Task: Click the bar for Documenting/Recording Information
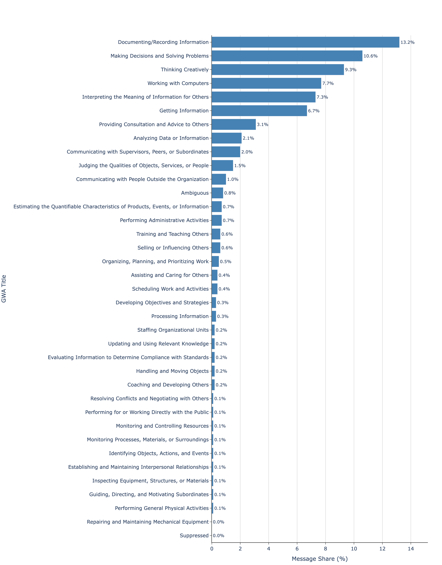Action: [x=305, y=42]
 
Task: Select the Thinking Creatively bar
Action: [x=278, y=70]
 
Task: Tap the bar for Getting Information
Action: [x=259, y=111]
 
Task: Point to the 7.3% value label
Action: [x=322, y=97]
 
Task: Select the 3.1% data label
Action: [x=262, y=124]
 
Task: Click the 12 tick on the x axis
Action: [x=382, y=549]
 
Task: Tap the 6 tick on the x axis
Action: [x=297, y=549]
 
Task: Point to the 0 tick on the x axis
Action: [x=212, y=549]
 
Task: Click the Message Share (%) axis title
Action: [x=320, y=559]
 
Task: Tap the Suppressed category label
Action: [x=194, y=536]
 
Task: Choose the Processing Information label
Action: [x=180, y=316]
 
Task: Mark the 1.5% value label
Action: [x=240, y=166]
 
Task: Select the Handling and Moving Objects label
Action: [x=172, y=371]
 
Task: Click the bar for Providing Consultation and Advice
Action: [x=234, y=124]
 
